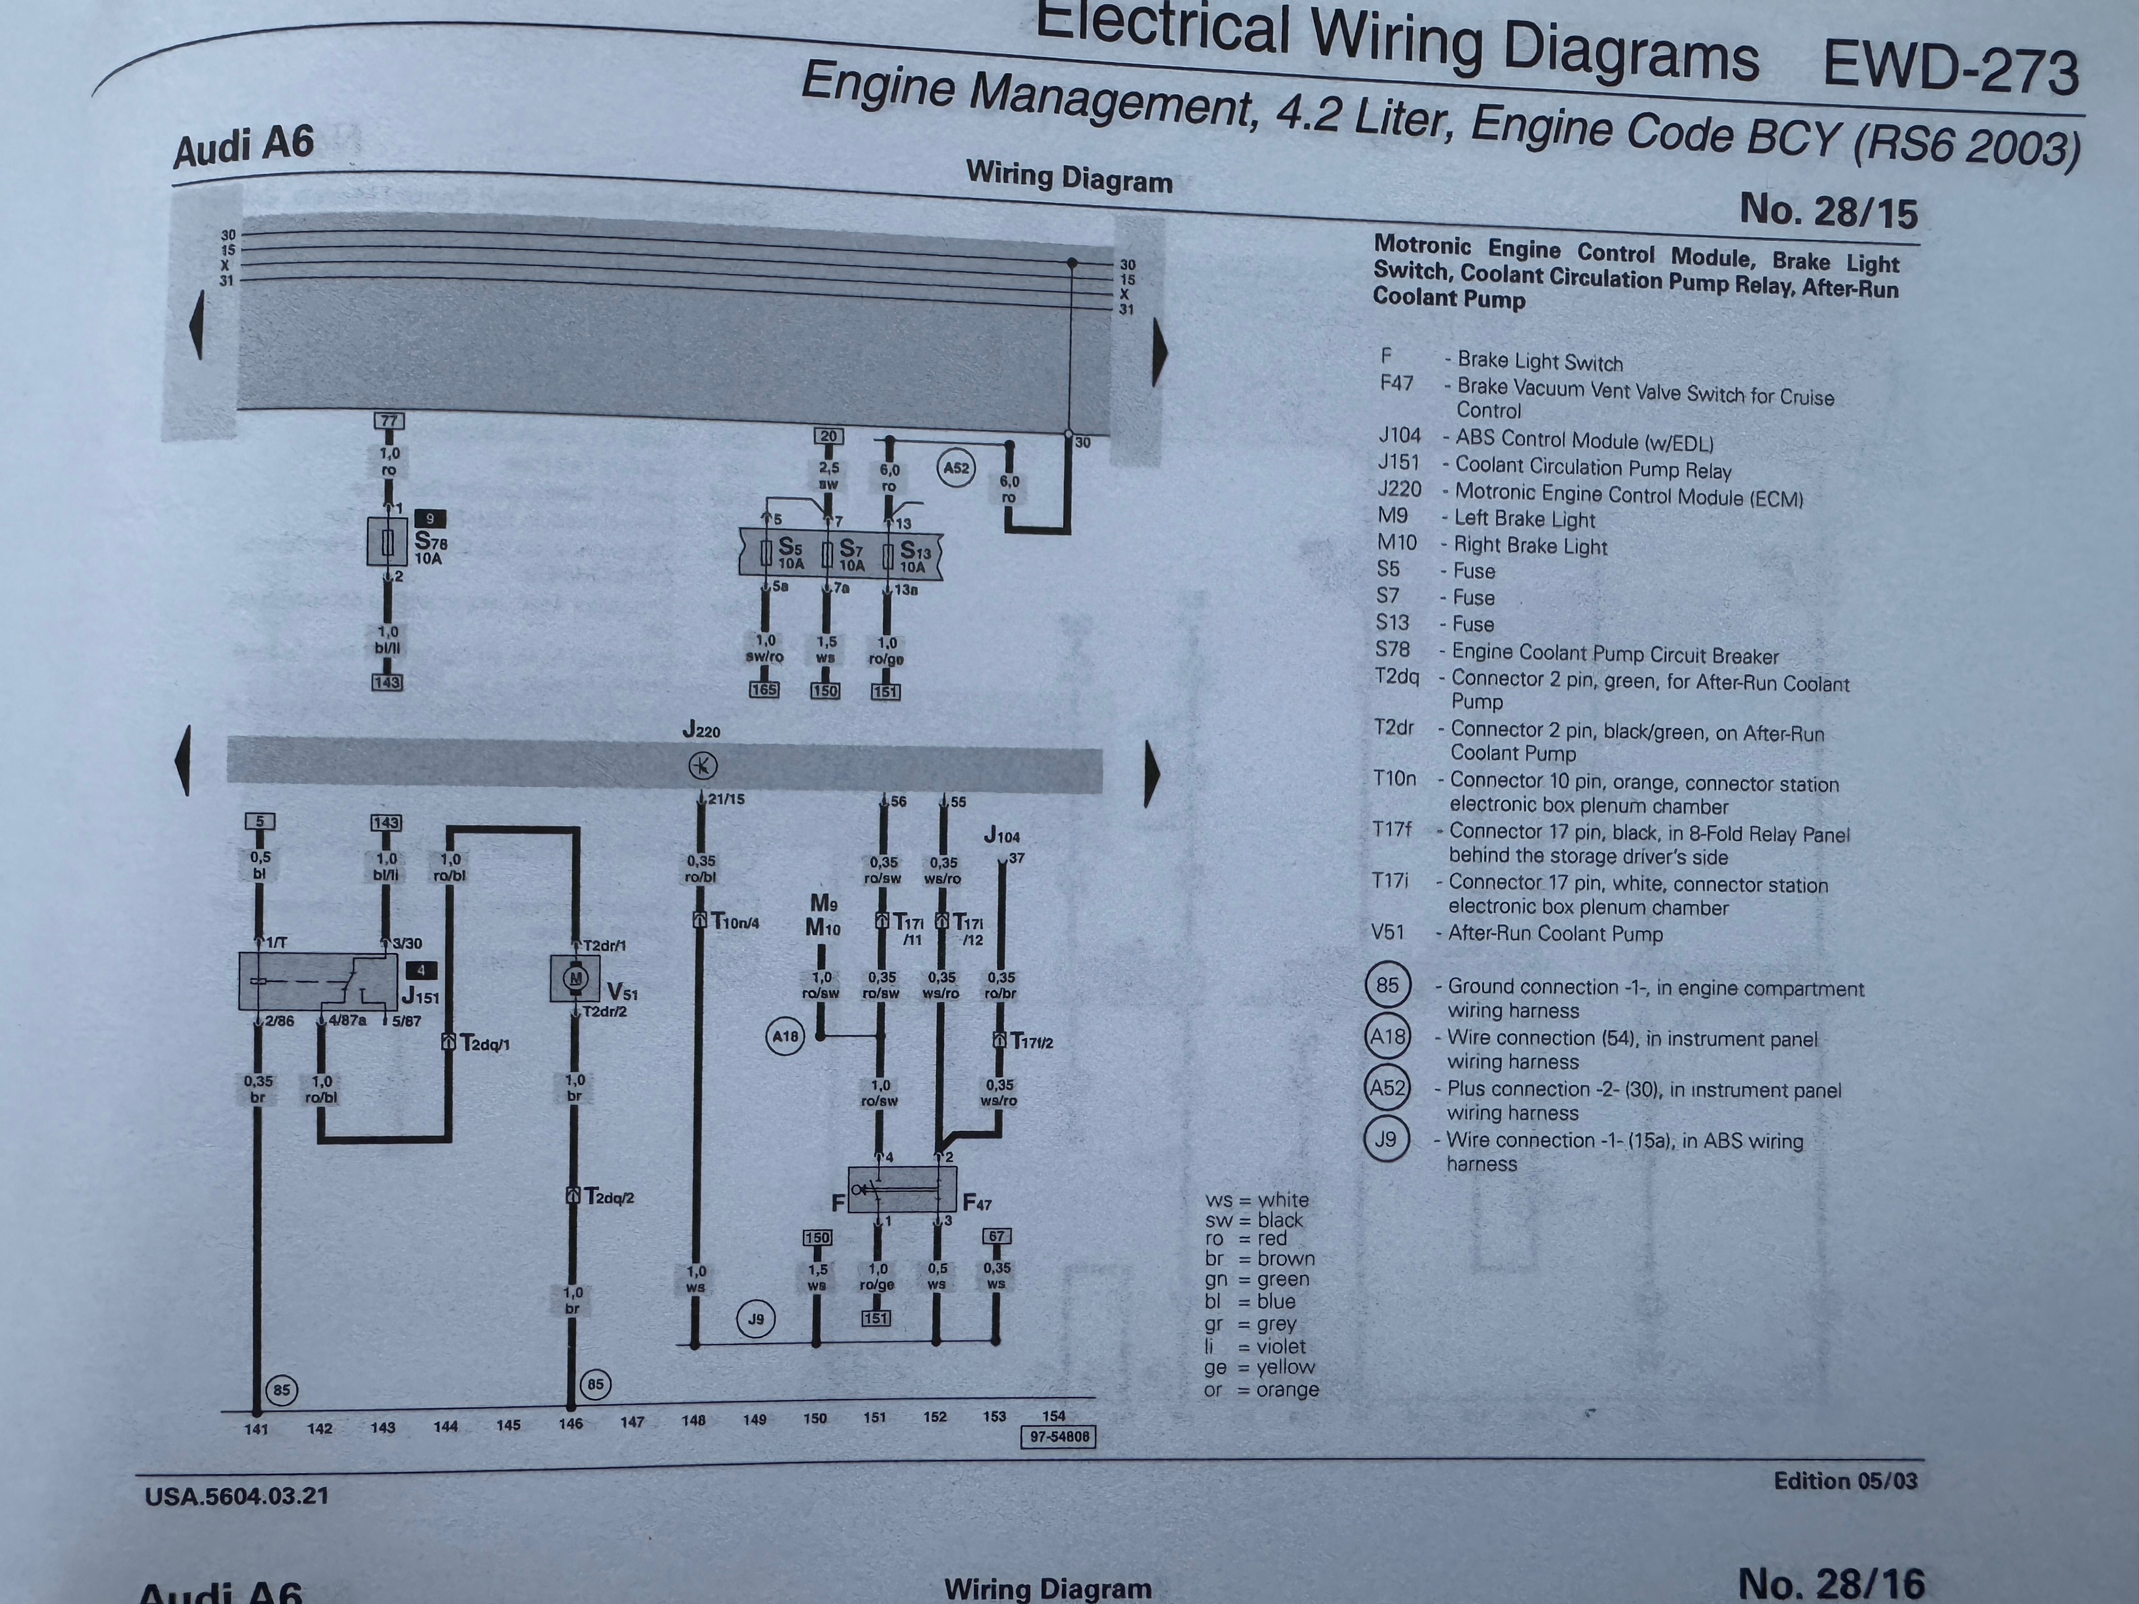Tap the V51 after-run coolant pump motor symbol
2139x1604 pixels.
click(x=576, y=979)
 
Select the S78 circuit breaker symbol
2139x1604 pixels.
click(x=388, y=543)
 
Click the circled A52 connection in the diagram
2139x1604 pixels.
click(x=955, y=469)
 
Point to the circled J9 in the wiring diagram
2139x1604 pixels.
click(x=756, y=1319)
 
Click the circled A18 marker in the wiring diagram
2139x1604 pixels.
click(x=784, y=1036)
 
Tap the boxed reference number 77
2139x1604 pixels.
click(x=389, y=421)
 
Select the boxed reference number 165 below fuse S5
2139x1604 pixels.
click(x=764, y=690)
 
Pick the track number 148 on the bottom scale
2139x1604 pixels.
click(x=693, y=1420)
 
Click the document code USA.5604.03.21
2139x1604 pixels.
click(x=237, y=1496)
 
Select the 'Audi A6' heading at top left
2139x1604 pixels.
click(x=244, y=147)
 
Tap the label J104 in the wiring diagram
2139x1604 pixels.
click(x=1001, y=835)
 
